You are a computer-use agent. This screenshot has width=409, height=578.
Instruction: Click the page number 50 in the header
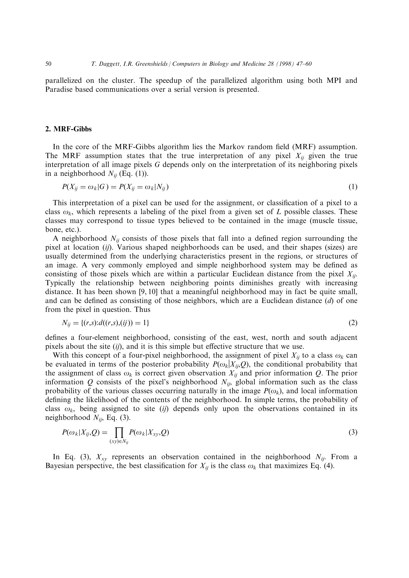pos(48,64)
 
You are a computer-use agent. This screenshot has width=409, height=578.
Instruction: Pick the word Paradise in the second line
pos(59,89)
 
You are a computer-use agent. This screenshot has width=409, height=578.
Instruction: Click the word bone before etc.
pos(53,230)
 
